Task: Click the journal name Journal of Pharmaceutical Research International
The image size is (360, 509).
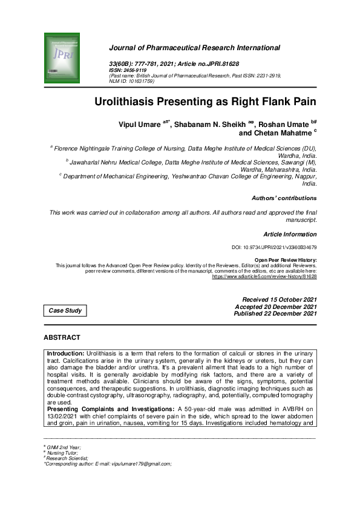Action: coord(194,48)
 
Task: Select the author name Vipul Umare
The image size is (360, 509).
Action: coord(140,124)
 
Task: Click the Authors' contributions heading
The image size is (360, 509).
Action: coord(284,198)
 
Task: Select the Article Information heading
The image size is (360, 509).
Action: coord(290,233)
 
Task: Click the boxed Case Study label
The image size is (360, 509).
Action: coord(64,311)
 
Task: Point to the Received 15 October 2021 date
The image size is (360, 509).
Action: coord(279,300)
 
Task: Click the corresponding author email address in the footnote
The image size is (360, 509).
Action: coord(142,463)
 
